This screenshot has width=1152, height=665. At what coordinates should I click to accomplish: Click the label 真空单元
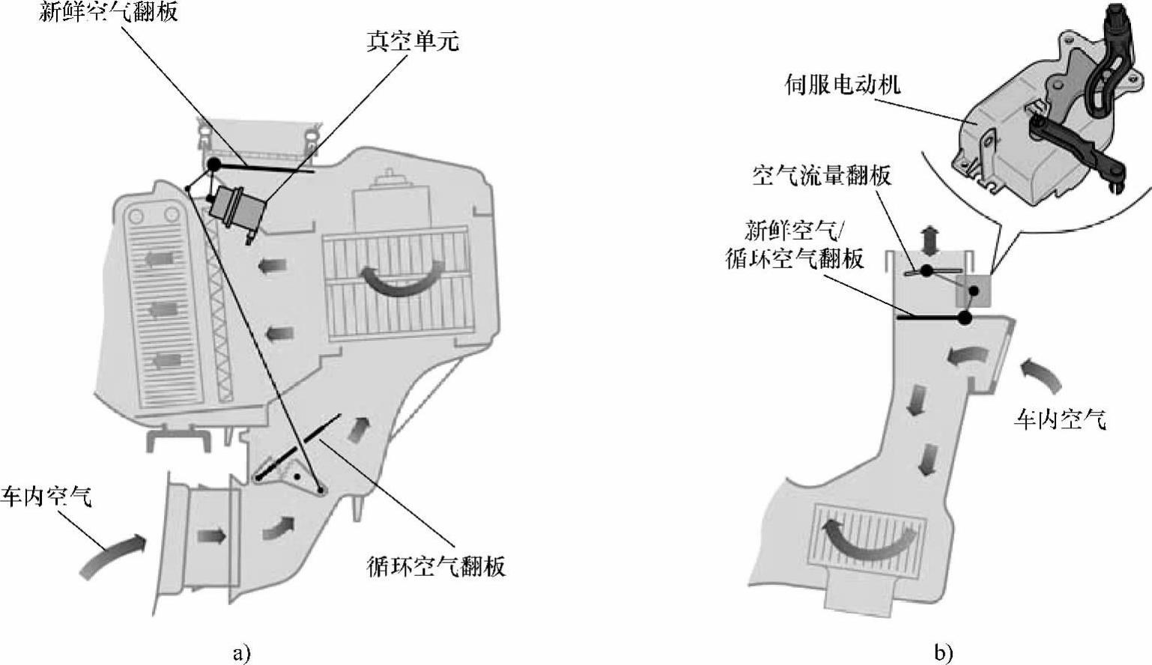click(413, 41)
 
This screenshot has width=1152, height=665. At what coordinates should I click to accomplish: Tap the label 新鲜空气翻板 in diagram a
click(109, 10)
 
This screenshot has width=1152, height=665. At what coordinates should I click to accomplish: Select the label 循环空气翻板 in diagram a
click(436, 565)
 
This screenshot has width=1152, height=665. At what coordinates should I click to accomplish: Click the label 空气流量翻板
click(822, 175)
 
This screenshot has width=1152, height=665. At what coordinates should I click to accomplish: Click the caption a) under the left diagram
click(242, 653)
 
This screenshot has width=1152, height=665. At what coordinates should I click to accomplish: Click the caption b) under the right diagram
click(943, 653)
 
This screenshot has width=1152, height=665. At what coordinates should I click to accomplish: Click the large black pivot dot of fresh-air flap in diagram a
click(213, 165)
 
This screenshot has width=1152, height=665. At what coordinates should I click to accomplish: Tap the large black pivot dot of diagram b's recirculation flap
click(965, 318)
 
